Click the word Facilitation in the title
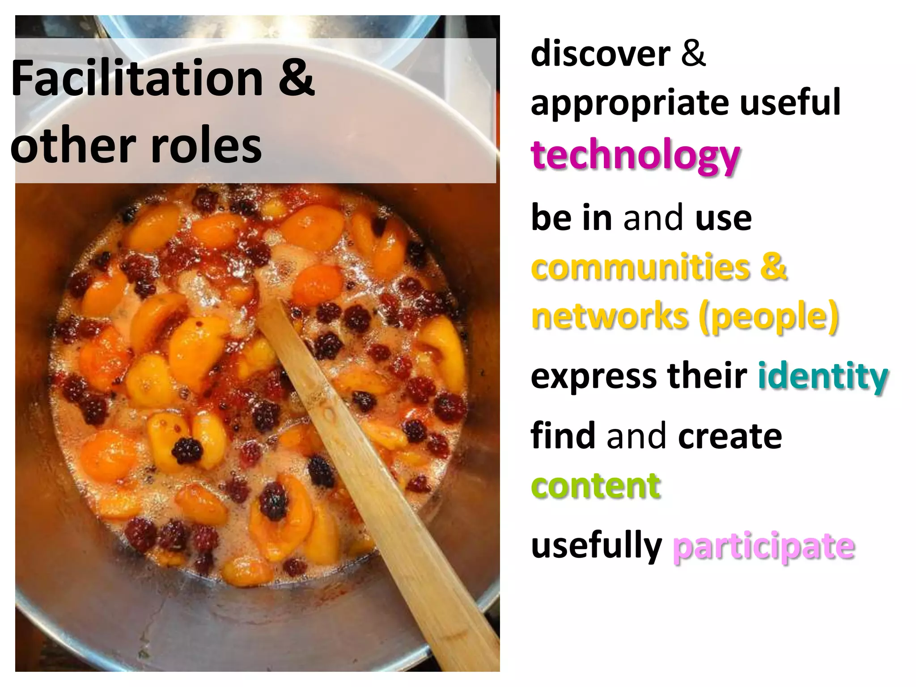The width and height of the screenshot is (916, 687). click(137, 79)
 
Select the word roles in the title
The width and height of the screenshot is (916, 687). click(206, 146)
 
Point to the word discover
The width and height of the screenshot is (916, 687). click(600, 54)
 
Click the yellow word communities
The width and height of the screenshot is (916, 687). click(640, 267)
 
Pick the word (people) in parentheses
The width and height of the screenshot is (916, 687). click(769, 317)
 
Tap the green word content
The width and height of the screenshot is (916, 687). click(596, 486)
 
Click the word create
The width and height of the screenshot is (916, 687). click(730, 436)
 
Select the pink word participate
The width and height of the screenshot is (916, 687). click(763, 547)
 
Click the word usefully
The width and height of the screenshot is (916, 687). click(596, 547)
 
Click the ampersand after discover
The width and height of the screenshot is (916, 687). click(693, 54)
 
